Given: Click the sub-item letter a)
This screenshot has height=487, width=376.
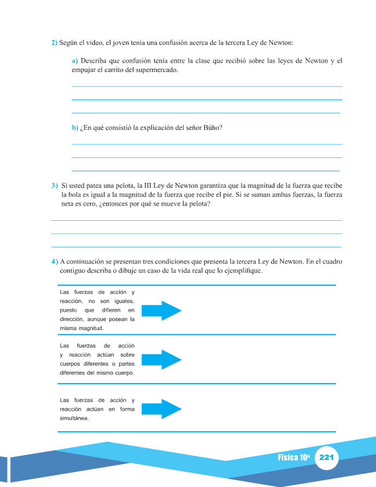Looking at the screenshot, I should (75, 62).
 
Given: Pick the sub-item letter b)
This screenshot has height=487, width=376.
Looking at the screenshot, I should (75, 128).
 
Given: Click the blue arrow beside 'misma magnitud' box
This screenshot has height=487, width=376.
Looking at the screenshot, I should (161, 310).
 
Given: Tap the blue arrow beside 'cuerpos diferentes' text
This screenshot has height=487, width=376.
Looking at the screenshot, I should (161, 360).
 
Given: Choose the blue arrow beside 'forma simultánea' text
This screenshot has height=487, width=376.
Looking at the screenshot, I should (161, 409).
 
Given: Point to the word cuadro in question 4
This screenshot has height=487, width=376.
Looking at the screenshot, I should (330, 262).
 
